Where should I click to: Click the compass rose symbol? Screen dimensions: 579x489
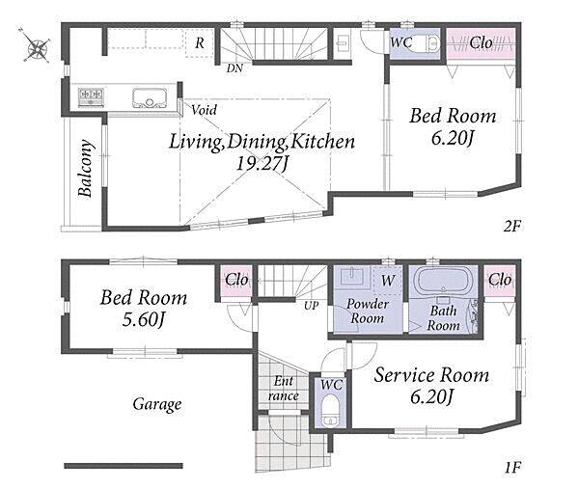pos(35,45)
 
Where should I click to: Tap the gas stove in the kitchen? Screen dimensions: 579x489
pos(91,97)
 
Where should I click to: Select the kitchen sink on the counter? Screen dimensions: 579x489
pos(150,97)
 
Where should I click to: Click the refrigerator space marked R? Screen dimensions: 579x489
pos(200,43)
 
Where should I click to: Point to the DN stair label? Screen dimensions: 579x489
pos(234,68)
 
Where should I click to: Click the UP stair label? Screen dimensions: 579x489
pos(312,306)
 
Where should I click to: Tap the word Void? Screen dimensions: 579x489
pos(205,110)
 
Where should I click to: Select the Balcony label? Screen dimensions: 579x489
pos(85,168)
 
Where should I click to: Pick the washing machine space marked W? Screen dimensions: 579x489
pos(387,281)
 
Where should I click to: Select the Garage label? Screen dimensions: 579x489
pos(157,404)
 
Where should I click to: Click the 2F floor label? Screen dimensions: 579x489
pos(511,226)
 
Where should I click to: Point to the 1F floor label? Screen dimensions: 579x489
pos(512,468)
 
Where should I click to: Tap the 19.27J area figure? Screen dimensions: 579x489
pos(262,163)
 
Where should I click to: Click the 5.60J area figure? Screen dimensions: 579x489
pos(143,319)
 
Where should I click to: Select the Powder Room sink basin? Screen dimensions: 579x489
pos(352,277)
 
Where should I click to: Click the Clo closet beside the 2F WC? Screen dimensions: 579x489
pos(481,43)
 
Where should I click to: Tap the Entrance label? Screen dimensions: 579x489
pos(284,389)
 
